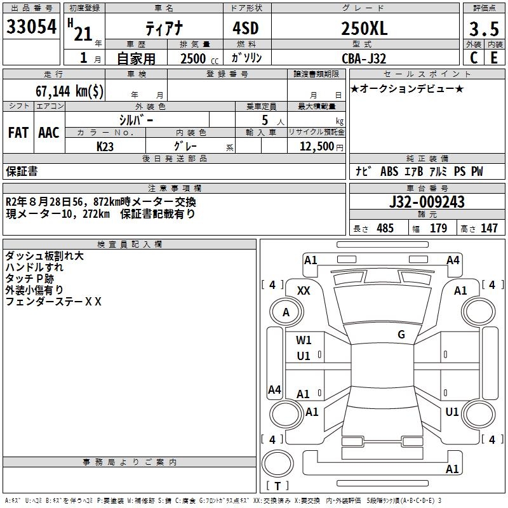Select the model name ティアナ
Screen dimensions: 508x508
[x=163, y=29]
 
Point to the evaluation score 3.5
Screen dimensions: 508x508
[x=483, y=29]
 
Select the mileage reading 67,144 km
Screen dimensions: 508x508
[x=70, y=91]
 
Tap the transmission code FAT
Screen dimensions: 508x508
[x=18, y=133]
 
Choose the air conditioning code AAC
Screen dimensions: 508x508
[x=48, y=133]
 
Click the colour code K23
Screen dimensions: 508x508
[x=105, y=146]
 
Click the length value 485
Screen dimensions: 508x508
[x=385, y=229]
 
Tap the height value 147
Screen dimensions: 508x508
[x=488, y=229]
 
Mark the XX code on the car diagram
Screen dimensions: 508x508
[x=304, y=290]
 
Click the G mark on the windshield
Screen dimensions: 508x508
[x=401, y=334]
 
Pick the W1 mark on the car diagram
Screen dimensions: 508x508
[x=304, y=340]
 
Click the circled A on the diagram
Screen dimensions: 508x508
[x=286, y=312]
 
